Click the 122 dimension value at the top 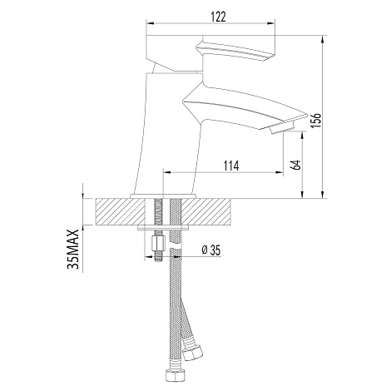(218, 17)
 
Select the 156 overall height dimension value (316, 120)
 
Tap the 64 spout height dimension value (296, 165)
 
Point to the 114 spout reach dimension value (231, 166)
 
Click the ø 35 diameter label (211, 250)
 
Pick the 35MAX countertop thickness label (73, 249)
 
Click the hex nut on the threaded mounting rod (158, 243)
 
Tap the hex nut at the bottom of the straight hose (173, 376)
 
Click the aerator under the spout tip (281, 128)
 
